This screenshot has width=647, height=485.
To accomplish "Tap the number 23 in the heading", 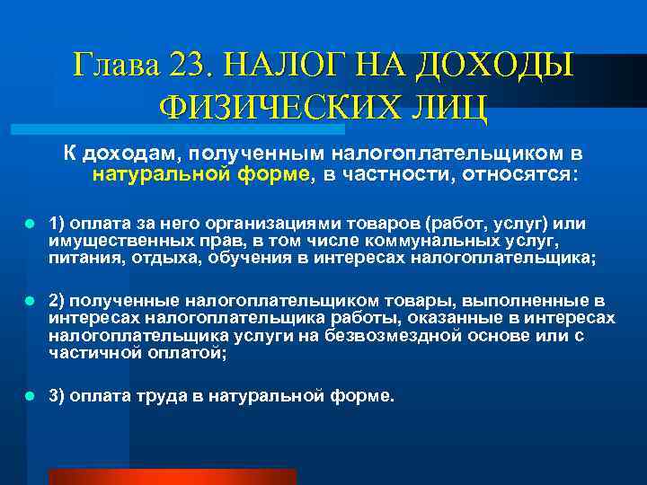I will [191, 65].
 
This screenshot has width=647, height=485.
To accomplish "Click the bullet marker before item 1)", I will [30, 221].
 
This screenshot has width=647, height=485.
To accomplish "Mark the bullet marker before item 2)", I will [30, 300].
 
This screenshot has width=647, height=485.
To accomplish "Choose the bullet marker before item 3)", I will [30, 395].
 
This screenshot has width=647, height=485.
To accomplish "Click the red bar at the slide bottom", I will [172, 476].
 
